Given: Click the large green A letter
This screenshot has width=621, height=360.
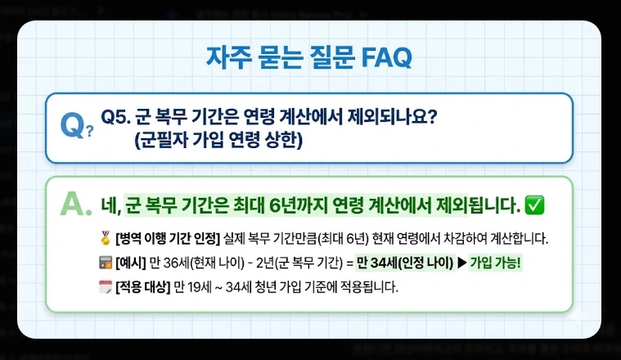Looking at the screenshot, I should pos(74,204).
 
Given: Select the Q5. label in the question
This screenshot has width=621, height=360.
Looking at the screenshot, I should pos(115,117).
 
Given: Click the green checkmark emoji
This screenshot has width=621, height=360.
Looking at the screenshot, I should pos(534,203).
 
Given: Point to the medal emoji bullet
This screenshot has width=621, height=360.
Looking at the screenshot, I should pos(104,240).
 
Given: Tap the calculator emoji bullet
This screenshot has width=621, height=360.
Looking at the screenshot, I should pos(104,263).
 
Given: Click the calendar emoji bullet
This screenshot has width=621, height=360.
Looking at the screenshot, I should pos(104,287).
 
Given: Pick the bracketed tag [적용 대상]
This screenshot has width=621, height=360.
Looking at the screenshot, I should pos(141,287).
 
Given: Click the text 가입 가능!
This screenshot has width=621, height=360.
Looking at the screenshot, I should pos(495,263).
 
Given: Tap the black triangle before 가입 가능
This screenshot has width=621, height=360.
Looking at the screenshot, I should pos(460,263).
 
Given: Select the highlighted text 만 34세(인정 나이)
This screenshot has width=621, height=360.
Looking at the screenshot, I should pos(403,263).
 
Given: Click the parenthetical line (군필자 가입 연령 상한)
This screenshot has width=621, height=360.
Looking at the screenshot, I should pos(218,140).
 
